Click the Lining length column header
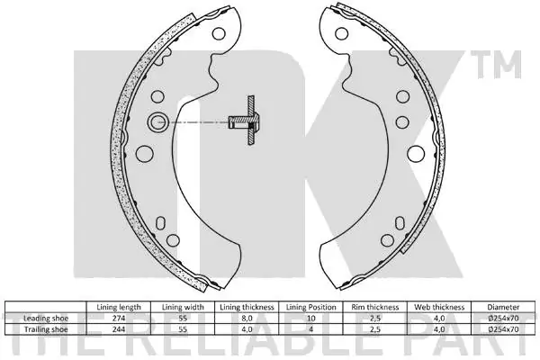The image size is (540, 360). [x=119, y=307]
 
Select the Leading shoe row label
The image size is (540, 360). [x=46, y=318]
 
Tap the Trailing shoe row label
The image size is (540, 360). [x=46, y=329]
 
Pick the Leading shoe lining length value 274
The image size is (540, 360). [x=119, y=318]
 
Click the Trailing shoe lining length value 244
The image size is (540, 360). [x=119, y=329]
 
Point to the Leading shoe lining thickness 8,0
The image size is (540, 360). [x=247, y=318]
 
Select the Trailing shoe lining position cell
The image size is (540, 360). [x=310, y=329]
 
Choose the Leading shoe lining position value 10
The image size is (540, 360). [x=310, y=318]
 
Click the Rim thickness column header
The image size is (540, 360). [x=375, y=307]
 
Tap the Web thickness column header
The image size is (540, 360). [x=439, y=307]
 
